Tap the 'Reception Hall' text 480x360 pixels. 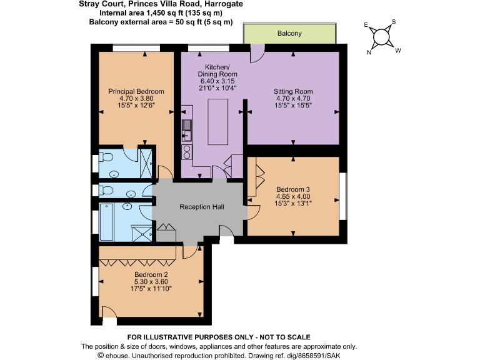point(201,207)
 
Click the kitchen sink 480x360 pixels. point(186,130)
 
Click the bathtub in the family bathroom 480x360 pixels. point(106,222)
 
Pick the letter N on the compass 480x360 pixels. point(369,52)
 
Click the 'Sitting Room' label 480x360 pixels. point(293,92)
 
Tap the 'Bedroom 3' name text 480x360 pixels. point(293,189)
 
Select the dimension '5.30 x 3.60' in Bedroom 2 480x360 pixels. point(151,281)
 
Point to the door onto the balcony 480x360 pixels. point(256,55)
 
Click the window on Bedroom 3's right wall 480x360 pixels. point(342,196)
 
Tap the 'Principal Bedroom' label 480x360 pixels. point(136,92)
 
